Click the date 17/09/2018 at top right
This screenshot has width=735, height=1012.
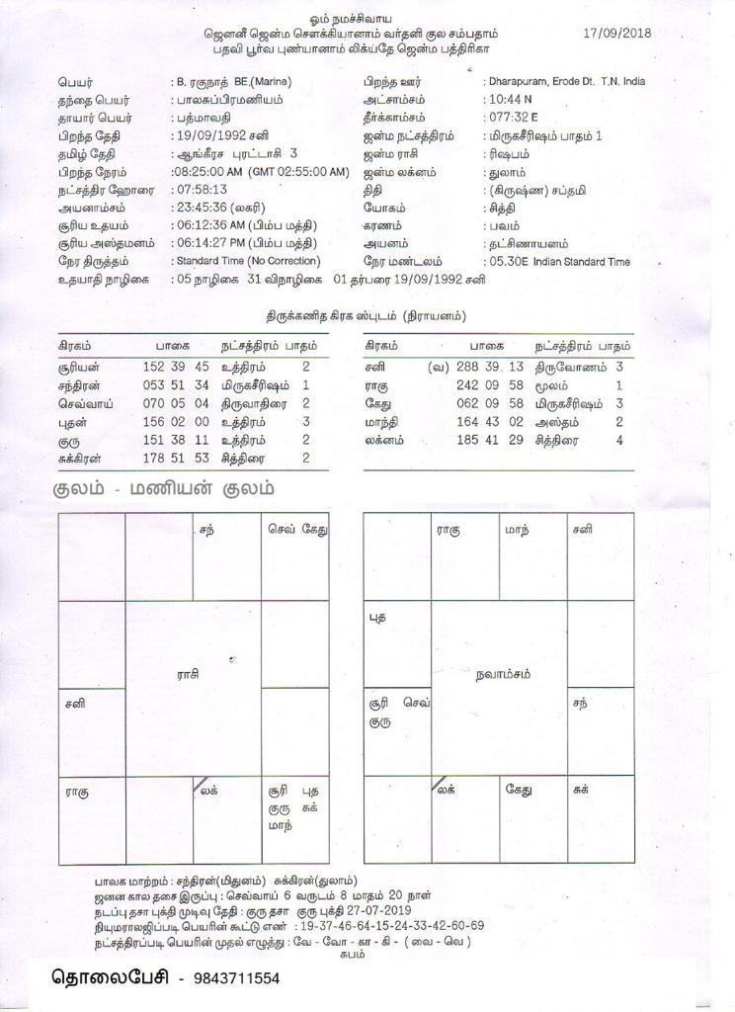[617, 33]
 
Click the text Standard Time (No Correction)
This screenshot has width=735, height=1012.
[246, 261]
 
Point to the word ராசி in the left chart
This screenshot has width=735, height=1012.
[189, 674]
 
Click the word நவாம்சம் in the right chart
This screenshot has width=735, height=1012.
[503, 675]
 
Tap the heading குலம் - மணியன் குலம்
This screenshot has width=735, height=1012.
[164, 489]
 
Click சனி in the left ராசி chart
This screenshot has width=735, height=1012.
[75, 705]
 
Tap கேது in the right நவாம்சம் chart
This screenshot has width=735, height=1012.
[520, 790]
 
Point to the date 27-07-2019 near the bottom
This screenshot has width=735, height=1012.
[384, 910]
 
